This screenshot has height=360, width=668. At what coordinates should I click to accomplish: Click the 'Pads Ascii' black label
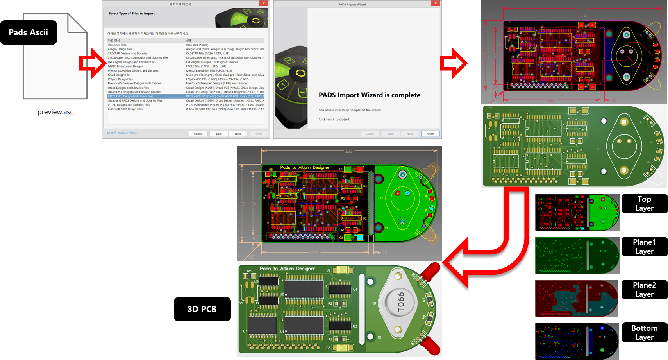pyautogui.click(x=29, y=32)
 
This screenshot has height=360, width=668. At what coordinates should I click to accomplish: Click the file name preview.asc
pyautogui.click(x=55, y=112)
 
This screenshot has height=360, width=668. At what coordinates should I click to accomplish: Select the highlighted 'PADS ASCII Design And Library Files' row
pyautogui.click(x=130, y=96)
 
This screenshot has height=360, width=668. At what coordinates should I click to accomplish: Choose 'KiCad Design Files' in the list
pyautogui.click(x=119, y=75)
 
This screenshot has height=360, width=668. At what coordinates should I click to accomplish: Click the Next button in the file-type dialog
pyautogui.click(x=238, y=134)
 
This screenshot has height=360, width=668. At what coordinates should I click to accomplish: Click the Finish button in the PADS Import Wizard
pyautogui.click(x=430, y=134)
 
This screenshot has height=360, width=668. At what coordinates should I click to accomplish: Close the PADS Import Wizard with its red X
pyautogui.click(x=436, y=4)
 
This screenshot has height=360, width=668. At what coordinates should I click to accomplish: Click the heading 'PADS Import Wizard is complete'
pyautogui.click(x=369, y=95)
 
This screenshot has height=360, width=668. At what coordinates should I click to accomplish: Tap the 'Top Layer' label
pyautogui.click(x=644, y=204)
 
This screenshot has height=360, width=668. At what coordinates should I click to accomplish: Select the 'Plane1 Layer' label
pyautogui.click(x=644, y=247)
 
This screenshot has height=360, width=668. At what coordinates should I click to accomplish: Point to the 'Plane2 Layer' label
pyautogui.click(x=644, y=290)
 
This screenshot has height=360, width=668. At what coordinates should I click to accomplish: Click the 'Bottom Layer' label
pyautogui.click(x=644, y=333)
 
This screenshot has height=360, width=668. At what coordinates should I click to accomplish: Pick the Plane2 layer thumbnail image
pyautogui.click(x=577, y=298)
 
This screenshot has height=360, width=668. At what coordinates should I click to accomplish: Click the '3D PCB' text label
pyautogui.click(x=202, y=309)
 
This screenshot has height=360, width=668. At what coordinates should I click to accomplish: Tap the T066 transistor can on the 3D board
pyautogui.click(x=400, y=303)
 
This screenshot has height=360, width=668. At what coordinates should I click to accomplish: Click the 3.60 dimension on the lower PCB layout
pyautogui.click(x=348, y=151)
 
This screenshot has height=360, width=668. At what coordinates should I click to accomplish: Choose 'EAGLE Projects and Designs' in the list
pyautogui.click(x=125, y=66)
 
